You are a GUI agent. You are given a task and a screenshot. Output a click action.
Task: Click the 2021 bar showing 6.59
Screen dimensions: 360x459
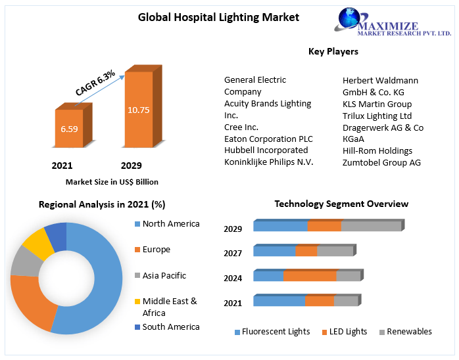click(68, 129)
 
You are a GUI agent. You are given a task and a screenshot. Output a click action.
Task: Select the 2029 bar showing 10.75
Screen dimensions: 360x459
click(138, 110)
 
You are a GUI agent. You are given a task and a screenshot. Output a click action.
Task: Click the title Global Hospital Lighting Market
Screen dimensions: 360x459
click(209, 17)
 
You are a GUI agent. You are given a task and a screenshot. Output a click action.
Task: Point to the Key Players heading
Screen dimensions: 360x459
click(333, 51)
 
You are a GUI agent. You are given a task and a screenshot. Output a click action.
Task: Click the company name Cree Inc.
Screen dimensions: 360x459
click(241, 127)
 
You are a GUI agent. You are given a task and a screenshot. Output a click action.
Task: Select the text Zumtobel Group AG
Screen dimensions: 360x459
click(381, 162)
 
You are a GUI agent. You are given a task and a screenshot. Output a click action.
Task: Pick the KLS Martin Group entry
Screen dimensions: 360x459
click(377, 104)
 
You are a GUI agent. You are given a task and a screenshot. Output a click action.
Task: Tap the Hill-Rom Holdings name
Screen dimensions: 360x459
click(377, 150)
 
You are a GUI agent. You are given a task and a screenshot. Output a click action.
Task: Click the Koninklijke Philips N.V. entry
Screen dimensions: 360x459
click(268, 162)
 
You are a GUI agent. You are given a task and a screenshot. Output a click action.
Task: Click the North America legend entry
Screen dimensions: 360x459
click(170, 224)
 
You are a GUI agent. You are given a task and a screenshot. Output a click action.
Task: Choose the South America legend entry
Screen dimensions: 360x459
click(170, 326)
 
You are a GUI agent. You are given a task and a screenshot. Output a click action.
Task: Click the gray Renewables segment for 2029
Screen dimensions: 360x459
click(371, 226)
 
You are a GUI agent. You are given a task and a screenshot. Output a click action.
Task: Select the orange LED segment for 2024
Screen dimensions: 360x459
click(310, 276)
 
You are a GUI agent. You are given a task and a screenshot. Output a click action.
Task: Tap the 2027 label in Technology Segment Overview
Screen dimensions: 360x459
click(233, 253)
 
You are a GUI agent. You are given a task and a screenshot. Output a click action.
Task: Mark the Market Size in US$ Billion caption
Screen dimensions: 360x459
click(112, 182)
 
